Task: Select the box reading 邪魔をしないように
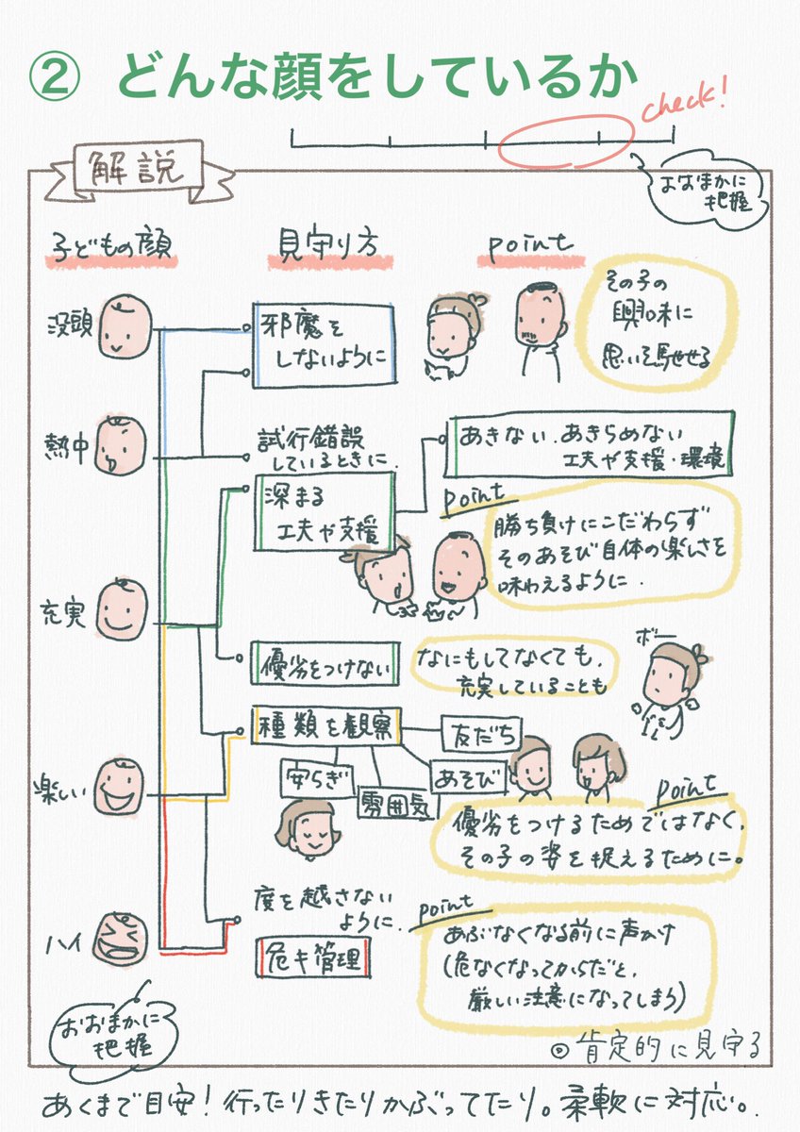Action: (324, 343)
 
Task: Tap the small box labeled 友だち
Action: (468, 730)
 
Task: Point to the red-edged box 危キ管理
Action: (312, 959)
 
